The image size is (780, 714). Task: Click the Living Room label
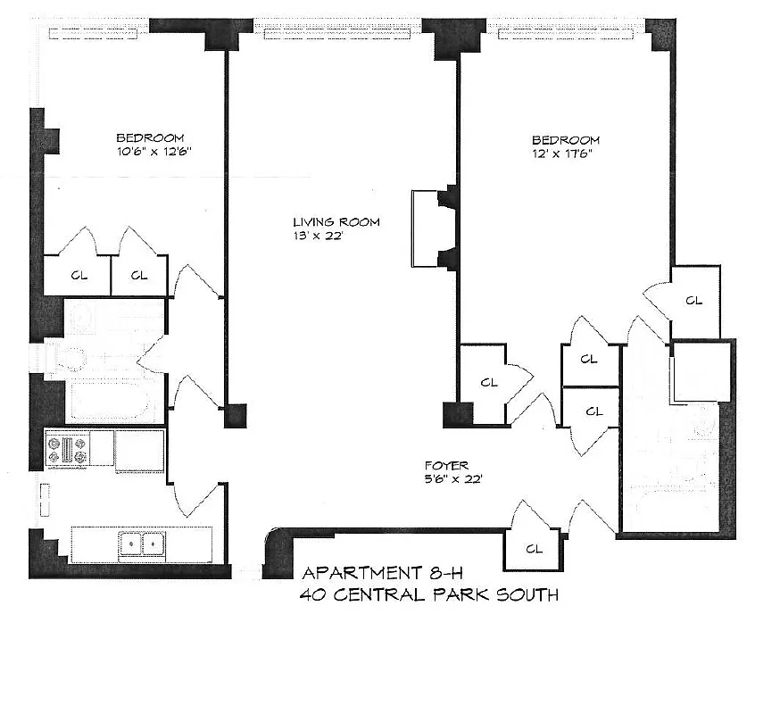point(336,222)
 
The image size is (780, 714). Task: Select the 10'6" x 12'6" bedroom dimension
point(150,153)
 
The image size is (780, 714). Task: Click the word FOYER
point(445,465)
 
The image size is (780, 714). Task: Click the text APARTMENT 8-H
point(373,573)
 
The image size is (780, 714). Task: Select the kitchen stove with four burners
point(68,448)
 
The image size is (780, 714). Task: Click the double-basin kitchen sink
point(143,543)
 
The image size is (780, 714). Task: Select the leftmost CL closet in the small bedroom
point(79,276)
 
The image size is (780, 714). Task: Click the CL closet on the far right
point(694,301)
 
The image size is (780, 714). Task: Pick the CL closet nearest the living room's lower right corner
point(488,383)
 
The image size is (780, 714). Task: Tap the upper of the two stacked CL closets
point(589,360)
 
